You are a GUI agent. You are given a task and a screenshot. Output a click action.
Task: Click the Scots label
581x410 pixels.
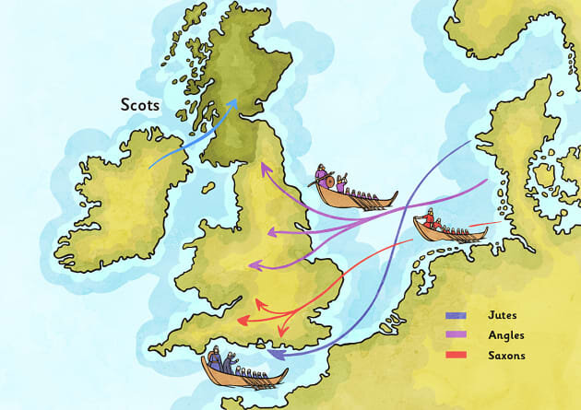pos(139,105)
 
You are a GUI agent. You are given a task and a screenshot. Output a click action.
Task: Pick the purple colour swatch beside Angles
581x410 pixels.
pos(456,335)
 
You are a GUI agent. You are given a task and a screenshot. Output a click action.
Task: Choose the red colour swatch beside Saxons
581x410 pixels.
pos(456,355)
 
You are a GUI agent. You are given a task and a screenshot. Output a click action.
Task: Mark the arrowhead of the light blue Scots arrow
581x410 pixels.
pos(235,104)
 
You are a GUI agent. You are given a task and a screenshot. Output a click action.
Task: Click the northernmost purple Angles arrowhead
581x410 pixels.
pos(263,168)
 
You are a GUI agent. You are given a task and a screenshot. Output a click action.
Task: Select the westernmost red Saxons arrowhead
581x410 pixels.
pos(241,322)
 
